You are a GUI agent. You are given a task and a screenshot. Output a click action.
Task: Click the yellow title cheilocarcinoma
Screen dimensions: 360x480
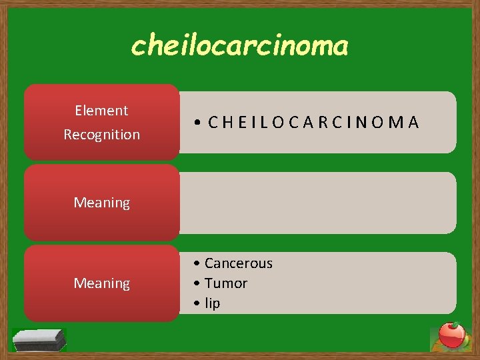coord(239,46)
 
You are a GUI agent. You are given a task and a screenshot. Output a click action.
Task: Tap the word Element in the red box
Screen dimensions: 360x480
coord(101,111)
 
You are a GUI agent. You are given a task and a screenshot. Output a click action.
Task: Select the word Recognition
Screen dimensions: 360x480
coord(101,135)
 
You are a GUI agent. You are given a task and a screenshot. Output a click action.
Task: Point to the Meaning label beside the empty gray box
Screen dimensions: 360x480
coord(101,203)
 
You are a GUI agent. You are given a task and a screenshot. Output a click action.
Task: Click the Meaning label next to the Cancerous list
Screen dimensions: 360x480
coord(101,283)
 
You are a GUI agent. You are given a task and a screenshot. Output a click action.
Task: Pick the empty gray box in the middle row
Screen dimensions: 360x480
coord(318,203)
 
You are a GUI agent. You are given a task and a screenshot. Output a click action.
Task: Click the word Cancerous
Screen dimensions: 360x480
coord(238,263)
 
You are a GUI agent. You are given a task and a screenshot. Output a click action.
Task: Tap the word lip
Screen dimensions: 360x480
coord(212,303)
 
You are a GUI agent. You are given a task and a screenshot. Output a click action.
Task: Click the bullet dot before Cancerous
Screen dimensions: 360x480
coord(199,264)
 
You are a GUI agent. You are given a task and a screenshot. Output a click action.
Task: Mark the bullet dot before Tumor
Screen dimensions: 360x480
coord(199,284)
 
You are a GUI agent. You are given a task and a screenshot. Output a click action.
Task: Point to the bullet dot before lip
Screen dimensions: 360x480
coord(199,304)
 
